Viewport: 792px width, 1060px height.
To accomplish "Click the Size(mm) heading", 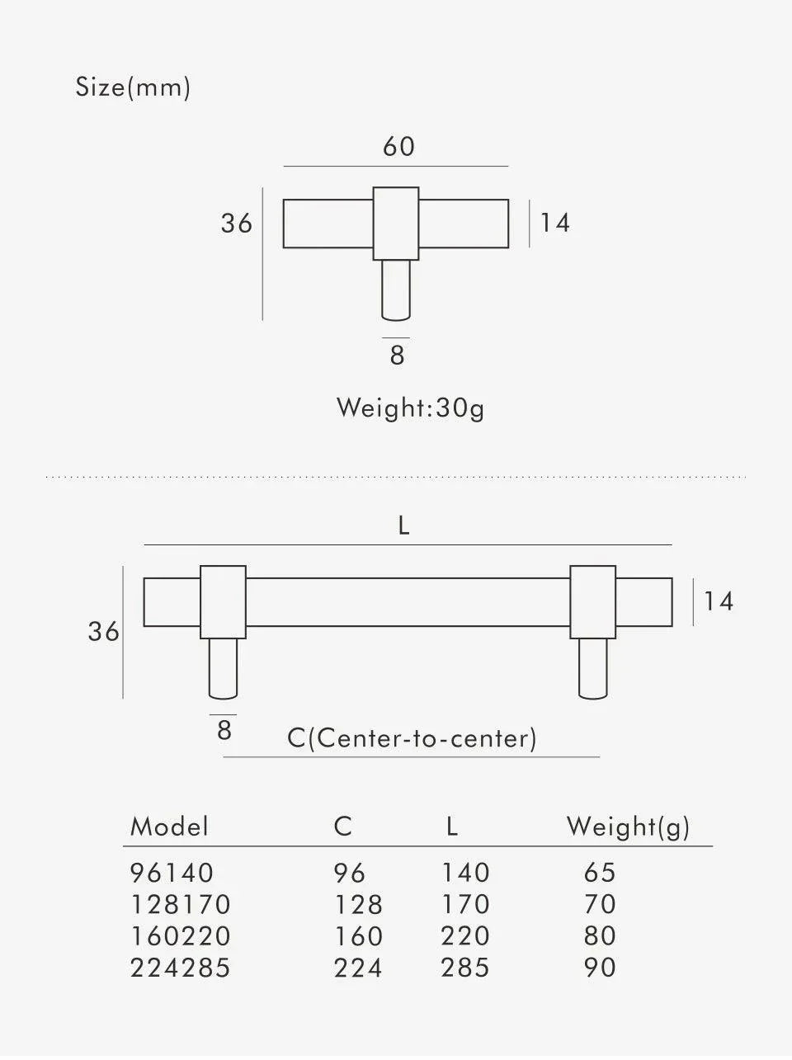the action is click(133, 87).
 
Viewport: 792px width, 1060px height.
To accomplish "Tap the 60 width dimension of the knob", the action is click(398, 146).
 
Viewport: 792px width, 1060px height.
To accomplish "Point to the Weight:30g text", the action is click(411, 408).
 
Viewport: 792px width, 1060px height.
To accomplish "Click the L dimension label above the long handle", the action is click(403, 525).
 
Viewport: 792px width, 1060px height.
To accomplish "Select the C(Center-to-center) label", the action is click(412, 738).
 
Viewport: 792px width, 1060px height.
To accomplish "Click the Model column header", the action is click(169, 827).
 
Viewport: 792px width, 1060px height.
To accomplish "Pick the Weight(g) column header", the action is click(629, 827).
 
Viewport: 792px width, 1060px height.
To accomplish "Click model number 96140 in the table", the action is click(172, 873).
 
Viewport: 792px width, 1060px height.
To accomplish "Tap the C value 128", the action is click(358, 904).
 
